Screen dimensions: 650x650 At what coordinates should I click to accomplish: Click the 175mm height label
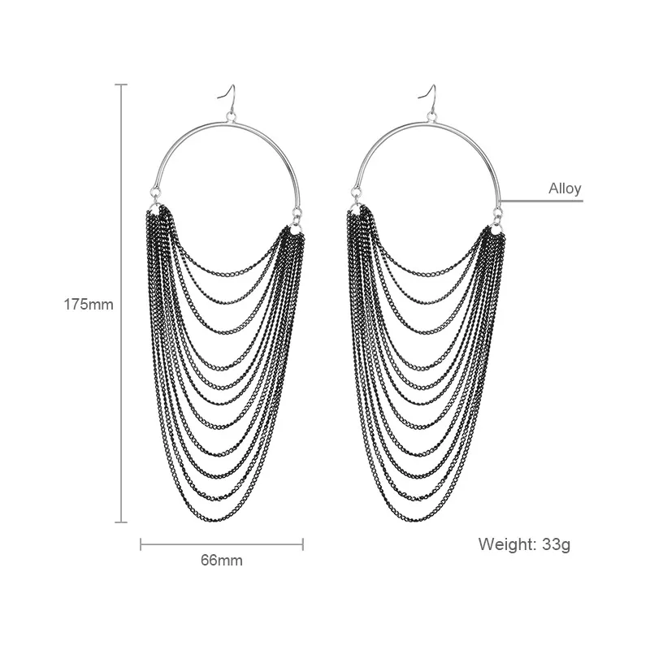tap(89, 305)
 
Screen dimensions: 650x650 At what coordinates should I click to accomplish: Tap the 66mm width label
tap(222, 561)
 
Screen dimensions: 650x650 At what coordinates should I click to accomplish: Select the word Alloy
tap(565, 189)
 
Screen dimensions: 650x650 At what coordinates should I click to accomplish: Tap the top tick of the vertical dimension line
tap(121, 84)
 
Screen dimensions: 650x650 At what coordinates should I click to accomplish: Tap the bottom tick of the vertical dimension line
tap(121, 522)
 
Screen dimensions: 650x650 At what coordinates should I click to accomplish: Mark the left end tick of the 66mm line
tap(141, 544)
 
